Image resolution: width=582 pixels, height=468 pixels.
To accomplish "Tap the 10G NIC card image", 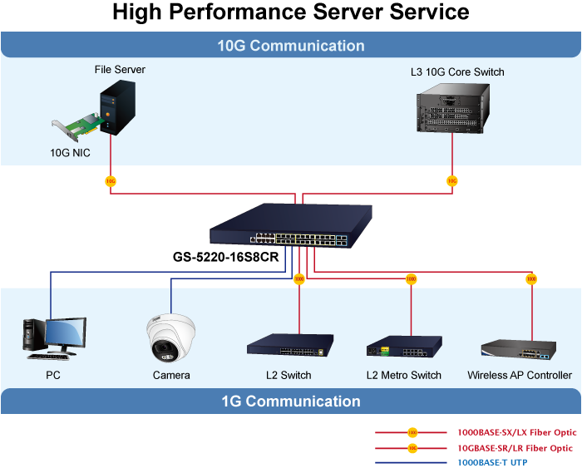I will click(78, 131).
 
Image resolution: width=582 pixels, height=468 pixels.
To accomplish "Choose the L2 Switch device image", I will click(289, 344).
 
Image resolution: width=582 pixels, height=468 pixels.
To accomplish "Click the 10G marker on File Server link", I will click(110, 180).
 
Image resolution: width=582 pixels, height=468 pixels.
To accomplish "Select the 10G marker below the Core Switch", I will click(452, 180).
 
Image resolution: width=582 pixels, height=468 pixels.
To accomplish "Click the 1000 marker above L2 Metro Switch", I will click(411, 278).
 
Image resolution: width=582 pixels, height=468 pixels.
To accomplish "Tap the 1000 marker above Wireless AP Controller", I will click(531, 278).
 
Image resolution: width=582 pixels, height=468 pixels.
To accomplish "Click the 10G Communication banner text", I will click(291, 46).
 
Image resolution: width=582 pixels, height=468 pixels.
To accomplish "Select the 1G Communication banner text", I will click(291, 401).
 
